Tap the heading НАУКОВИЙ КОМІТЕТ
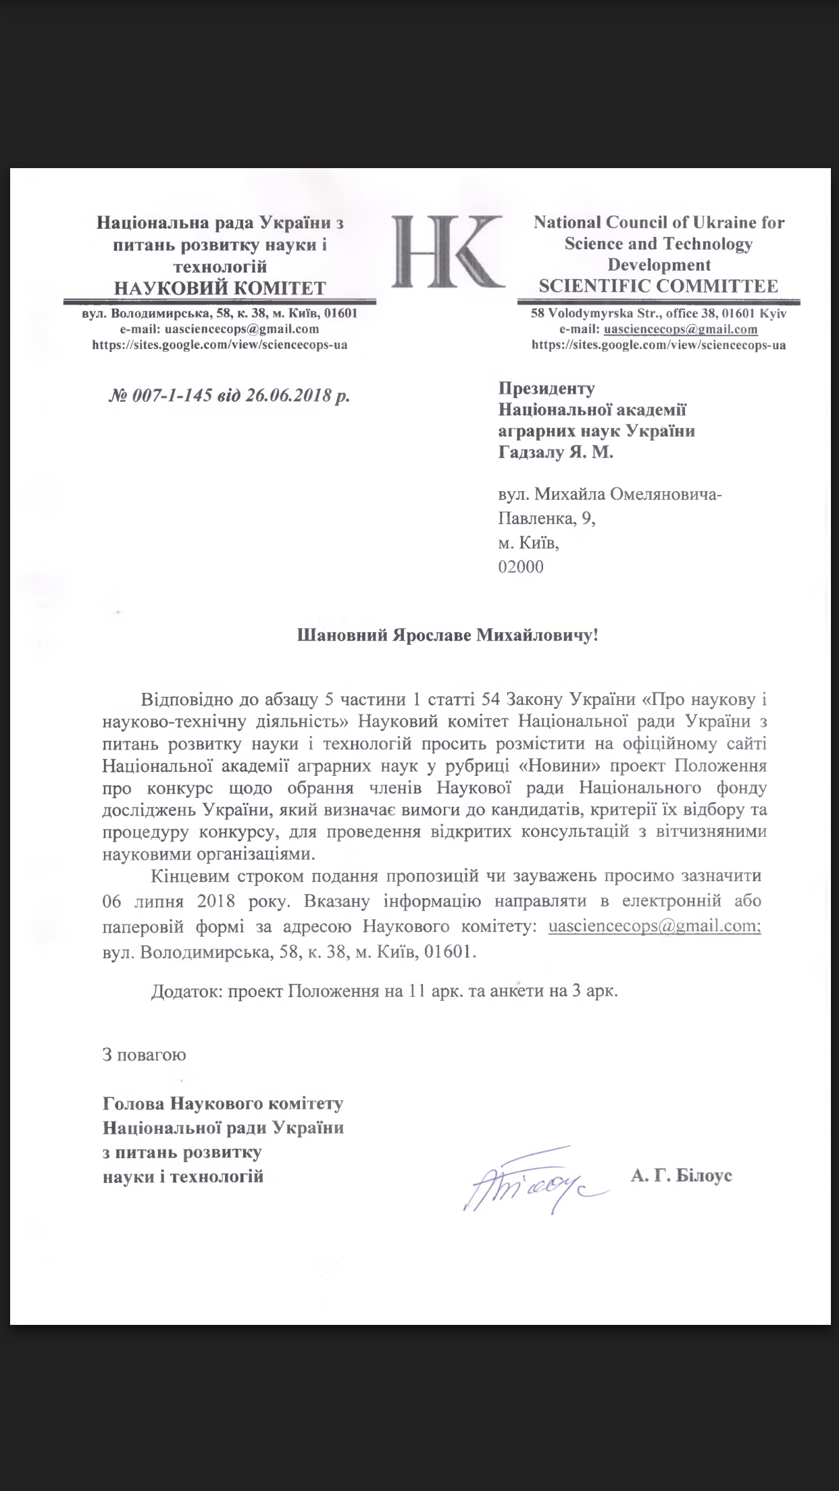coord(220,288)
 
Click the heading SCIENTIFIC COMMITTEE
coord(658,286)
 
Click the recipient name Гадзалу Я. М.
coord(555,453)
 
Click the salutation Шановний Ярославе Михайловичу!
coord(448,635)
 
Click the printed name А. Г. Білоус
coord(682,1176)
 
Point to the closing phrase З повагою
coord(144,1054)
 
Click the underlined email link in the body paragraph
coord(655,926)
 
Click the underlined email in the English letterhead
coord(680,330)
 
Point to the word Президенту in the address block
coord(546,388)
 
